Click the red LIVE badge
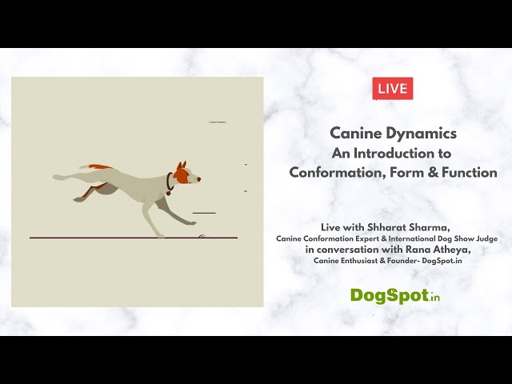393,89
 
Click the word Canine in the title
356,134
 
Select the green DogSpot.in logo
395,295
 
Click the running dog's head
185,173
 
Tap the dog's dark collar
169,183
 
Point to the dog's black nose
199,179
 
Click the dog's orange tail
101,168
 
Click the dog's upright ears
181,164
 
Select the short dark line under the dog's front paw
204,213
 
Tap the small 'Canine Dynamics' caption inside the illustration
217,122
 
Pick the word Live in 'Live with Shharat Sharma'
330,227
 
